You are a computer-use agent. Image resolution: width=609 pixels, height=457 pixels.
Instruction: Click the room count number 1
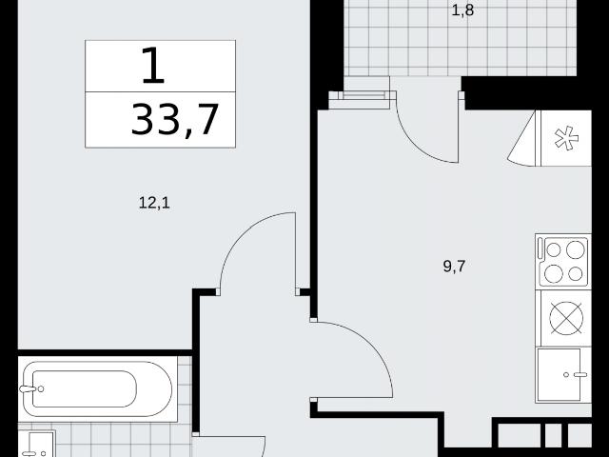tap(153, 65)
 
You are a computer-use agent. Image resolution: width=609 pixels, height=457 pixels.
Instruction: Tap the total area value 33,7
tap(175, 120)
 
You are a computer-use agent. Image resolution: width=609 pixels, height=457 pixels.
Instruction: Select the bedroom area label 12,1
tap(154, 203)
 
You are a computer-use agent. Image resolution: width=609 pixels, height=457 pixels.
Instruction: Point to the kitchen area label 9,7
tap(454, 267)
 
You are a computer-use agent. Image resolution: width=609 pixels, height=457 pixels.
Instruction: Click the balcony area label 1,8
tap(462, 10)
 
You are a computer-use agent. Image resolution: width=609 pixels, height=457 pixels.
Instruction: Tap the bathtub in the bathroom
tap(97, 389)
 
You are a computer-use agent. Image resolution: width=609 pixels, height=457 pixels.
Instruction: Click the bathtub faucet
tap(31, 388)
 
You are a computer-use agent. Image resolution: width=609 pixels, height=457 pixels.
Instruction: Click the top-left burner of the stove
tap(554, 249)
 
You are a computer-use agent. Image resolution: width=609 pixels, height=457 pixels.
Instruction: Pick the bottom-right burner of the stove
tap(575, 274)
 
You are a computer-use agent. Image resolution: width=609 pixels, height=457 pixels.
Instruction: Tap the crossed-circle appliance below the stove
tap(566, 318)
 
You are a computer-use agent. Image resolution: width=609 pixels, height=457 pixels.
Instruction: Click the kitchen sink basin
tap(559, 374)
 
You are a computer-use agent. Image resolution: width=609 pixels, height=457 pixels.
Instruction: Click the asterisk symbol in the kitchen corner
tap(566, 138)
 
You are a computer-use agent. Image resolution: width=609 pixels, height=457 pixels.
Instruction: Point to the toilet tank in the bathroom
tap(36, 444)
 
